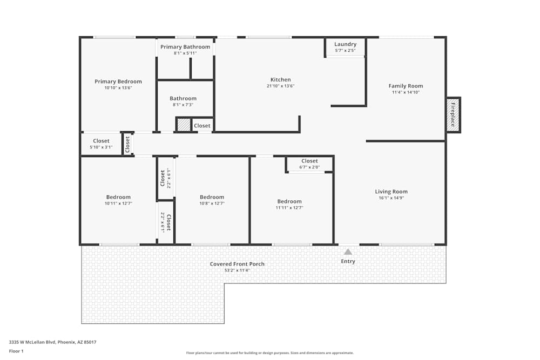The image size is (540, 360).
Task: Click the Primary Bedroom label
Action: (118, 81)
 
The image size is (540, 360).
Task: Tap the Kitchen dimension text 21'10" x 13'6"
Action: (280, 86)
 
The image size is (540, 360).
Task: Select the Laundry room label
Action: (345, 44)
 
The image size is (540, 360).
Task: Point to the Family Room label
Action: (406, 86)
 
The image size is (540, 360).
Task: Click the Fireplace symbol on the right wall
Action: (453, 115)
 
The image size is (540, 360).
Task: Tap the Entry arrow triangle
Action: (348, 252)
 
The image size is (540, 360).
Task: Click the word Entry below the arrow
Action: (348, 261)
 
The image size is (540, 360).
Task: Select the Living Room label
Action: (391, 192)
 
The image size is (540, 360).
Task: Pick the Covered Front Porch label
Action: (237, 264)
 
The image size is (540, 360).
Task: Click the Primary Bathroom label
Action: (185, 47)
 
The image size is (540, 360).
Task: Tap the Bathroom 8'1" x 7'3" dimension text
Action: (183, 105)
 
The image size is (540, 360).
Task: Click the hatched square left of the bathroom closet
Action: (184, 125)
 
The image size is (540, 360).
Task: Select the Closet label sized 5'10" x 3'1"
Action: (101, 141)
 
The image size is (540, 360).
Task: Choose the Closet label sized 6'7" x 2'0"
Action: (309, 161)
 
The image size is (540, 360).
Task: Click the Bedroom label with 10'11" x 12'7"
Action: (118, 197)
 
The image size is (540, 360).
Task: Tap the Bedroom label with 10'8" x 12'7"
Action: (212, 197)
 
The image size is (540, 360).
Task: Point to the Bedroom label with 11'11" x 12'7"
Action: (289, 201)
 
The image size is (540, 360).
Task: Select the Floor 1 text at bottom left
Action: (16, 351)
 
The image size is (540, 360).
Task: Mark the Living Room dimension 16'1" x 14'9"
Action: (391, 198)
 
